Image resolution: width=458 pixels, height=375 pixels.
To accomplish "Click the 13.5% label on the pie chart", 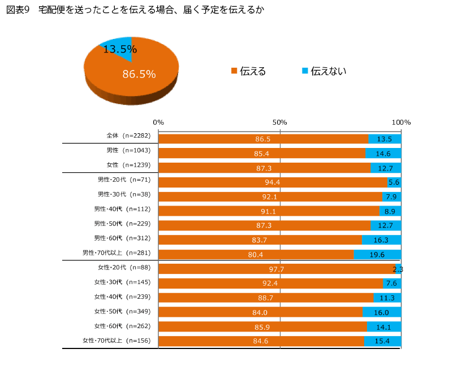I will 119,49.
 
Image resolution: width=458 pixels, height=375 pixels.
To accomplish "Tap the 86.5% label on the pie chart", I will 139,74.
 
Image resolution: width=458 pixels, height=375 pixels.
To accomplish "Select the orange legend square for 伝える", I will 234,71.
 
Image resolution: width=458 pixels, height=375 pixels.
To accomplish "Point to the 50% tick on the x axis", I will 280,123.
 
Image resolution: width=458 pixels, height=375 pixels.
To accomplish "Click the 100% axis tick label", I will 401,123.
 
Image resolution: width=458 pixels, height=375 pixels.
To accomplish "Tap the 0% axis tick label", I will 158,123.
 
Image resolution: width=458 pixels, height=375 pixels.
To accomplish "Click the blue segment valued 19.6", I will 377,254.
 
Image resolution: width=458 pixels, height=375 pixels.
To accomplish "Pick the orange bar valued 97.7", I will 276,269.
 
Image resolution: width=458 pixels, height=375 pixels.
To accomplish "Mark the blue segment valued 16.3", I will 381,239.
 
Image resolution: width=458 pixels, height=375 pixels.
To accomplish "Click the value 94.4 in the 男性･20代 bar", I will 273,182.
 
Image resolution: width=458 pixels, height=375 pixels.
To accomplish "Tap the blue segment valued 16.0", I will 382,312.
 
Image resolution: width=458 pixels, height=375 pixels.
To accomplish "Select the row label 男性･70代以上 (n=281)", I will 118,252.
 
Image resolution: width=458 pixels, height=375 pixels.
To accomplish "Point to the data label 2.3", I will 397,269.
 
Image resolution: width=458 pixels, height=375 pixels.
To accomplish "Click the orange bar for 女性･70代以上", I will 261,341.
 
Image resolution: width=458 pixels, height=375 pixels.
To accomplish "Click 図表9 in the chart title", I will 17,10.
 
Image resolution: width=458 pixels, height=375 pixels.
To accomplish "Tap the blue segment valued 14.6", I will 383,153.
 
